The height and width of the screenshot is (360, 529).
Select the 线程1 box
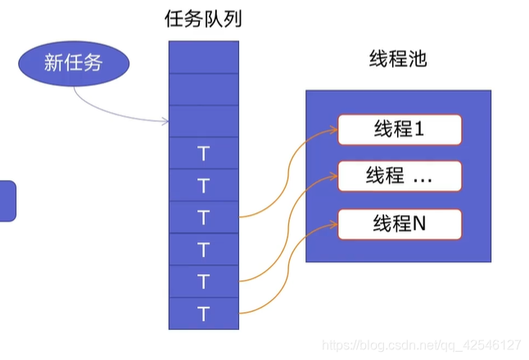click(x=400, y=129)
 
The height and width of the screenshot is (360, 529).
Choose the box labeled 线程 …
click(x=400, y=176)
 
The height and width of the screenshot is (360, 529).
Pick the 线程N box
click(x=400, y=223)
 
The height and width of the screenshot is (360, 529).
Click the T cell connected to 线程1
click(x=204, y=217)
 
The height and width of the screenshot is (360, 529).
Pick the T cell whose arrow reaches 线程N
click(x=204, y=313)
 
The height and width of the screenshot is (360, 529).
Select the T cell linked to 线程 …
click(x=204, y=281)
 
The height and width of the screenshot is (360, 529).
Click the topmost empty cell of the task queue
click(x=204, y=56)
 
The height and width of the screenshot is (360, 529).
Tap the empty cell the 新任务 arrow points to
click(x=204, y=120)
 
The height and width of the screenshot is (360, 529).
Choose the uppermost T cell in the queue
click(x=204, y=153)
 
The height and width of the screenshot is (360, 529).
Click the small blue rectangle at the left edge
click(x=7, y=200)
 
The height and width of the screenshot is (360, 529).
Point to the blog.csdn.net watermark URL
click(x=421, y=344)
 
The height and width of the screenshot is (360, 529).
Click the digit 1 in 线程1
click(x=418, y=129)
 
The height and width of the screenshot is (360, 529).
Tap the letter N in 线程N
click(x=419, y=223)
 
